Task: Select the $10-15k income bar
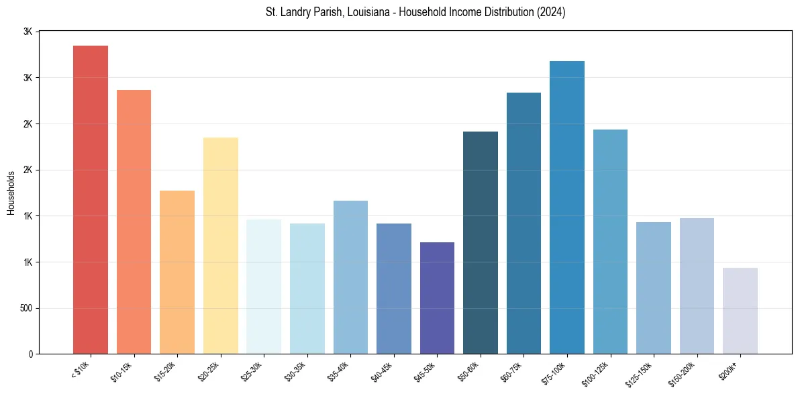134,222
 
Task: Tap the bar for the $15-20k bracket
177,273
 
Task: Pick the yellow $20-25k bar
221,246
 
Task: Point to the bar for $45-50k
437,298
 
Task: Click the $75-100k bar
567,207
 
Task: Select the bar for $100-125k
610,242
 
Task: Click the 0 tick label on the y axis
30,354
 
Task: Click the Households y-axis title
11,192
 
